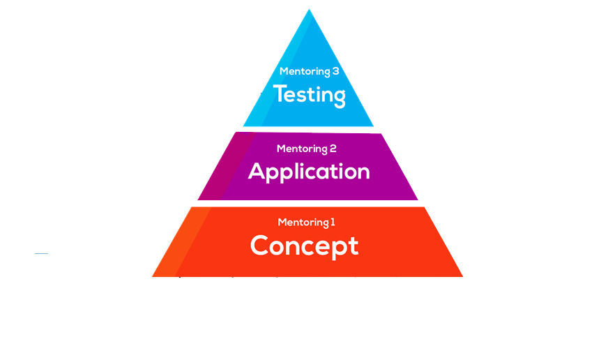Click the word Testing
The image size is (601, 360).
click(x=309, y=94)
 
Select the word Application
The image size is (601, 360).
click(x=309, y=171)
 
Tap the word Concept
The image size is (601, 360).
click(x=304, y=246)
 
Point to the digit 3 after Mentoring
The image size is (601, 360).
click(x=335, y=71)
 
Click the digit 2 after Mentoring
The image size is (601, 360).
click(x=333, y=149)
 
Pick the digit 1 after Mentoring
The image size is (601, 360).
click(x=333, y=223)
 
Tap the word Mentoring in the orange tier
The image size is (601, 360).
click(x=303, y=223)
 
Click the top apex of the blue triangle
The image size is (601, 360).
click(x=309, y=10)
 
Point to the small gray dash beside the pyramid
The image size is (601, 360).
click(x=41, y=253)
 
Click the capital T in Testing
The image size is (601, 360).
click(x=280, y=93)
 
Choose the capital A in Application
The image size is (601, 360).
click(x=258, y=171)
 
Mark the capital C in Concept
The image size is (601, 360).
click(x=260, y=246)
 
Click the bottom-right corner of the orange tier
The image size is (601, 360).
click(x=462, y=276)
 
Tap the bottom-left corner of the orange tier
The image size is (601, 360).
click(x=153, y=276)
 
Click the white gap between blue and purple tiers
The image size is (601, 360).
click(x=308, y=130)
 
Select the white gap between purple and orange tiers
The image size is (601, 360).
click(x=308, y=203)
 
